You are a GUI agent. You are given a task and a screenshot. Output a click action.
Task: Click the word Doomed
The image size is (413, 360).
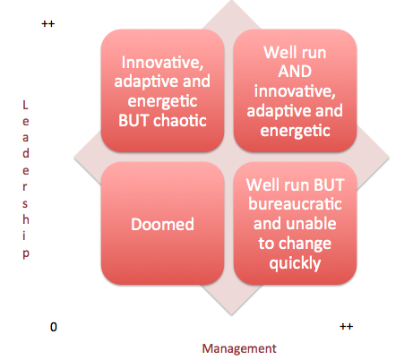162,224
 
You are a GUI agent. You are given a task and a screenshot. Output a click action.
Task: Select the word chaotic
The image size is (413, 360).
180,121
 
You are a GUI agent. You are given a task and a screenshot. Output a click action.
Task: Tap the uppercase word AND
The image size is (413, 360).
295,72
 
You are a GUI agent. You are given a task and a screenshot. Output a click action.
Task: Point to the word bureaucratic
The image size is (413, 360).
295,204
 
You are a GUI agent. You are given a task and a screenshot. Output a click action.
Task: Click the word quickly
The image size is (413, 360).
295,264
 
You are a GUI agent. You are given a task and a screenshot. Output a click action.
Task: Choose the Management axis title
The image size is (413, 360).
239,348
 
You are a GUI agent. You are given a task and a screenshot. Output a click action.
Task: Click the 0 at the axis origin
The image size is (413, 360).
54,327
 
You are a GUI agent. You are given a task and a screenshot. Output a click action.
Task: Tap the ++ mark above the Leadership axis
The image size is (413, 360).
48,24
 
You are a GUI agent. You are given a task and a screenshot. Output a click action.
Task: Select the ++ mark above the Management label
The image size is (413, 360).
347,326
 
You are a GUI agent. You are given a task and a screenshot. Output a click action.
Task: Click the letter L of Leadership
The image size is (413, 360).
25,105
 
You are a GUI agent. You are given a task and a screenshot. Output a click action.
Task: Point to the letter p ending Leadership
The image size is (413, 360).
26,254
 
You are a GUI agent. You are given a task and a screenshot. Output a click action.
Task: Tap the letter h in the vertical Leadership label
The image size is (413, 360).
26,219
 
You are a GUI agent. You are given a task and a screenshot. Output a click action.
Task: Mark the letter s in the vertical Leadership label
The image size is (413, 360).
25,204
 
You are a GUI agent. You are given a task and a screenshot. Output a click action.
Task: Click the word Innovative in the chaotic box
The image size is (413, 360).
162,63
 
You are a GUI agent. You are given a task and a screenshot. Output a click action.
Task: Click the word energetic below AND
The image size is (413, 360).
295,131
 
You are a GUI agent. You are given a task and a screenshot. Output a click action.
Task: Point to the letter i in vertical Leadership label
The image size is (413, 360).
24,236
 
